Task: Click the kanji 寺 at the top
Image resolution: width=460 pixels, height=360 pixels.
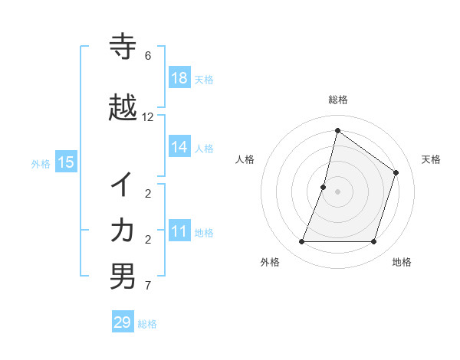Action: [x=123, y=47]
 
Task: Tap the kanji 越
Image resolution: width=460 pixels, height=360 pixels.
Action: [x=123, y=108]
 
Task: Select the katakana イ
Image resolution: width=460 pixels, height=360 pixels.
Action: [x=123, y=185]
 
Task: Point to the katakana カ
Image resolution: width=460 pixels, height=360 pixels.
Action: [x=123, y=231]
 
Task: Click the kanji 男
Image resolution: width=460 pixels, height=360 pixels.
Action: [x=123, y=277]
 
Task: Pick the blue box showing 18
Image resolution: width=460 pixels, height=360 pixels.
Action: [x=179, y=78]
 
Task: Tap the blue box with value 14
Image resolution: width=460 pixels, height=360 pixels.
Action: [x=179, y=147]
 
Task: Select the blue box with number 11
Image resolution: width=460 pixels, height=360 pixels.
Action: [x=179, y=231]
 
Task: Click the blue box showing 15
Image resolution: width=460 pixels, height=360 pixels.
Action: [x=66, y=162]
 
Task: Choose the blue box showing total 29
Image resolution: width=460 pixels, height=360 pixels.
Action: [x=123, y=322]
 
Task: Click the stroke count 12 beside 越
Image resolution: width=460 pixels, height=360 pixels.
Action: [x=148, y=117]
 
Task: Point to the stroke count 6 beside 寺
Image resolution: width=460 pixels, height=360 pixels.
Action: [x=148, y=56]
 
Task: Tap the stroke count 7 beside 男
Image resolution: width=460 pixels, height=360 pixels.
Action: [x=148, y=286]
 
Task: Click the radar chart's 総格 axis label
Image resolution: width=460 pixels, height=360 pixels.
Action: [x=337, y=100]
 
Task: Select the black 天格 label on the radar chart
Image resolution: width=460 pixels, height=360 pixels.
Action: [x=431, y=159]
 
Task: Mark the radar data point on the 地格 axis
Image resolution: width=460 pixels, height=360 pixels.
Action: [x=373, y=242]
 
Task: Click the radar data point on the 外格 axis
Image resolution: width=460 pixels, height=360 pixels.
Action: [x=301, y=242]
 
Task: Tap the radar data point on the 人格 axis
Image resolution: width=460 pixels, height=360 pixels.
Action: [x=324, y=187]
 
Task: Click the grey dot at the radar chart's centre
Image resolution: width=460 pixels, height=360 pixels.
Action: [x=337, y=191]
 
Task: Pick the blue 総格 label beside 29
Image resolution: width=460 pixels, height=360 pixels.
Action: [x=147, y=324]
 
